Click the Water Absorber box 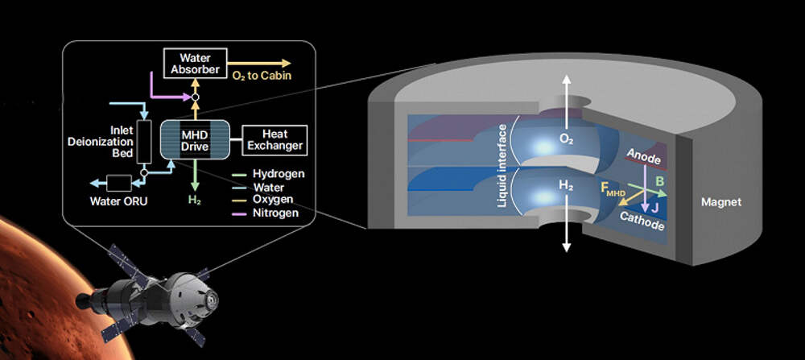[195, 63]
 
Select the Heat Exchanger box [275, 139]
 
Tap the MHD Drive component [195, 139]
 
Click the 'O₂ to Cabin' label [262, 76]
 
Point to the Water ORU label [118, 201]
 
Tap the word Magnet [721, 202]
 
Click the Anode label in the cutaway [642, 156]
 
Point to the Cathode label [642, 221]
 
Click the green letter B [660, 180]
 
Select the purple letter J [654, 208]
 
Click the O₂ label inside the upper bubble [567, 139]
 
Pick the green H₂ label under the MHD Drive [195, 201]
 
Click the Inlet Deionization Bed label [101, 141]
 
